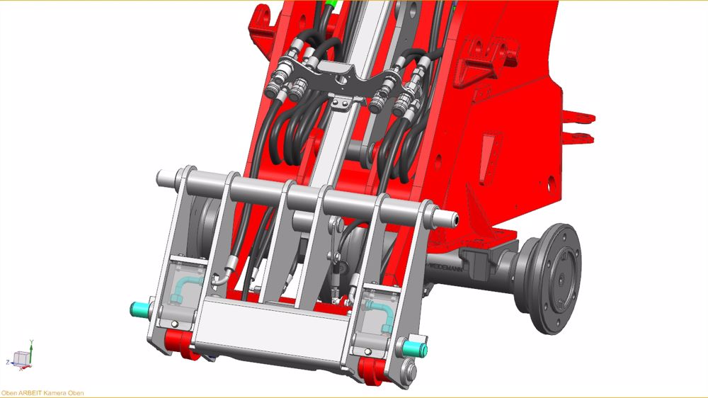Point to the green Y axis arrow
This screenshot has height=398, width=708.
(x=32, y=345)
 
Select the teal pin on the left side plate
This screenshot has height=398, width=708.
(x=140, y=309)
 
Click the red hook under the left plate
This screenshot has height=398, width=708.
(x=181, y=345)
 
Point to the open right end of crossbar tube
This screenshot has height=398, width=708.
(x=450, y=220)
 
